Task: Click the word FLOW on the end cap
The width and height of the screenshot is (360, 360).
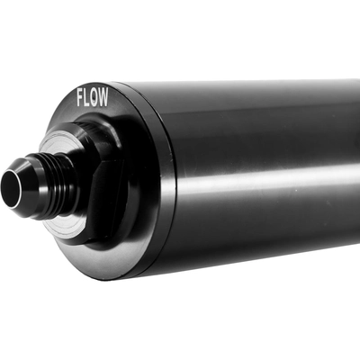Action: pyautogui.click(x=92, y=97)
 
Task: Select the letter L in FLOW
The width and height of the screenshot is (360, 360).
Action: pyautogui.click(x=87, y=97)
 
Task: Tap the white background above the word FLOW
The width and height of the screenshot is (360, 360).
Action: pyautogui.click(x=90, y=45)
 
